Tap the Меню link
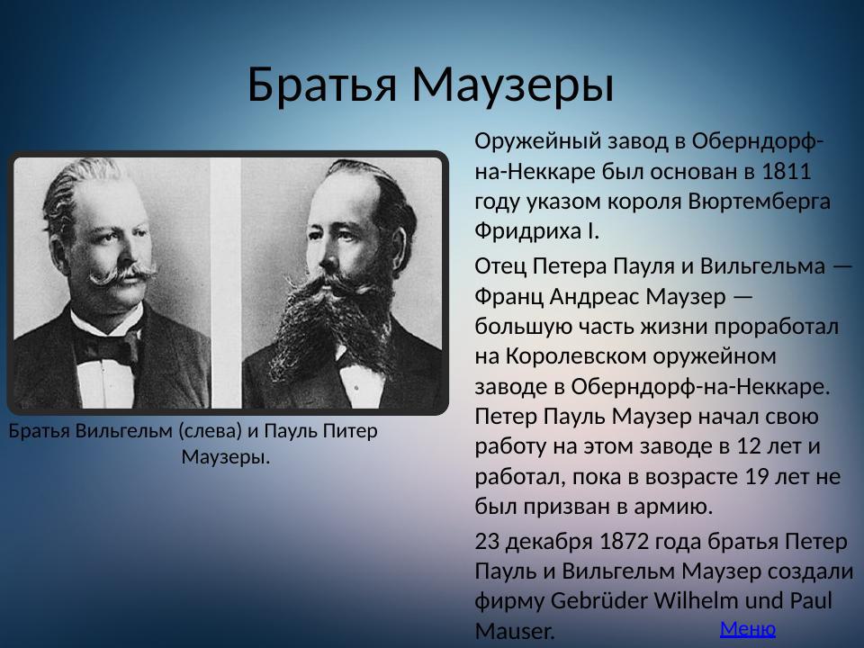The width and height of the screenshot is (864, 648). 747,628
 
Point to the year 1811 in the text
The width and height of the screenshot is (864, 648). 787,171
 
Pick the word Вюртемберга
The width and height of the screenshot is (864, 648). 758,201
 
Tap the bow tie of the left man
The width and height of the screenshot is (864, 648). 110,346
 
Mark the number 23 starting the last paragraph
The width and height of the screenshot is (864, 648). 486,542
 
